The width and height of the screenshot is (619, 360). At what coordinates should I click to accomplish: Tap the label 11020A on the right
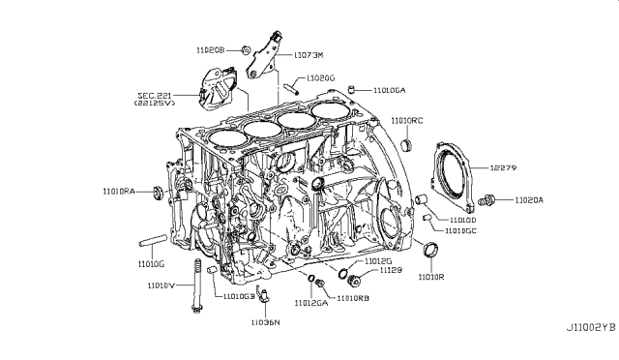pos(530,200)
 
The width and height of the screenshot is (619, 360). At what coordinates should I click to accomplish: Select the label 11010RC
pos(407,121)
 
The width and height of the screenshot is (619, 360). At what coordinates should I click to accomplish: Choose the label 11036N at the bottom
pos(265,321)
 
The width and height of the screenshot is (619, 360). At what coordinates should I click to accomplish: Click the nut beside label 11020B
pos(246,48)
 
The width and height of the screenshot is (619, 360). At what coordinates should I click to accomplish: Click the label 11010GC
pos(462,232)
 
